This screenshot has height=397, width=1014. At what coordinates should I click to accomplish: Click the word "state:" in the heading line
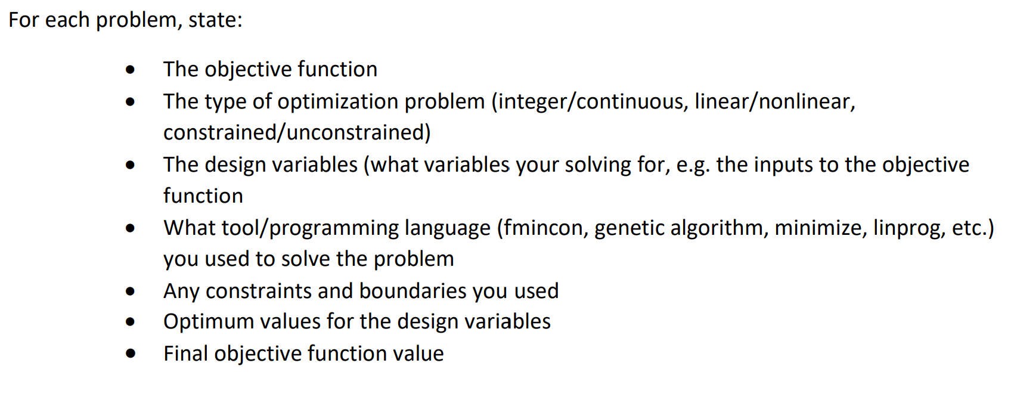point(215,20)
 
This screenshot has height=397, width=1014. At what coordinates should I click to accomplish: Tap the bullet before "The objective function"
point(131,70)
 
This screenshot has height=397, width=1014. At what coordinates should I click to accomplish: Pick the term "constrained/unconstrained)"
point(297,132)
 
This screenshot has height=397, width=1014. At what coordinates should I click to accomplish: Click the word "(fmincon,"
point(542,228)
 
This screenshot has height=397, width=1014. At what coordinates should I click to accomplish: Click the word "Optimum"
point(201,322)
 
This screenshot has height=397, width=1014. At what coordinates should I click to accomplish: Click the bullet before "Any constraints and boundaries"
point(131,291)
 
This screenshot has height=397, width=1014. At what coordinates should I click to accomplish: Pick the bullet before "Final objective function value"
point(131,354)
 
